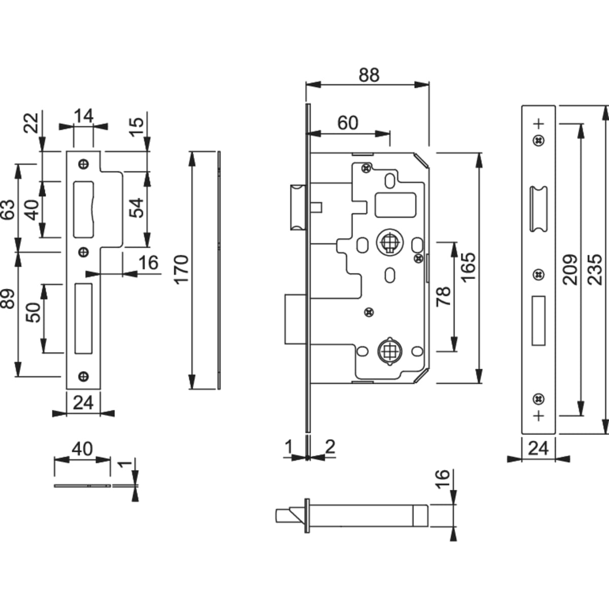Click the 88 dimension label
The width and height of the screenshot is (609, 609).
tap(369, 75)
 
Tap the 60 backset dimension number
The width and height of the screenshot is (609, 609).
tap(348, 123)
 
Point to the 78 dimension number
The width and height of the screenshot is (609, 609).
tap(444, 296)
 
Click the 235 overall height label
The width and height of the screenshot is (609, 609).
tap(596, 269)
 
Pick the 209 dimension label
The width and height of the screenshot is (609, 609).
tap(570, 269)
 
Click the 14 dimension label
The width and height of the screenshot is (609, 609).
tap(83, 116)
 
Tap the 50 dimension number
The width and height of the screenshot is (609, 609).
tap(33, 312)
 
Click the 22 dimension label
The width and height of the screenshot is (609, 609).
tap(31, 123)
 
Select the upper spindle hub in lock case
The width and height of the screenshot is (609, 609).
tap(389, 243)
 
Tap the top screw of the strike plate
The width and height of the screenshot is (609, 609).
tap(83, 164)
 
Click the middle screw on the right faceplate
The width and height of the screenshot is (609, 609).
tap(538, 275)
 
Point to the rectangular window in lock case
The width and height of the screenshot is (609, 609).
tap(396, 204)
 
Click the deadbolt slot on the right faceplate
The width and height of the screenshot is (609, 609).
tap(538, 321)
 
